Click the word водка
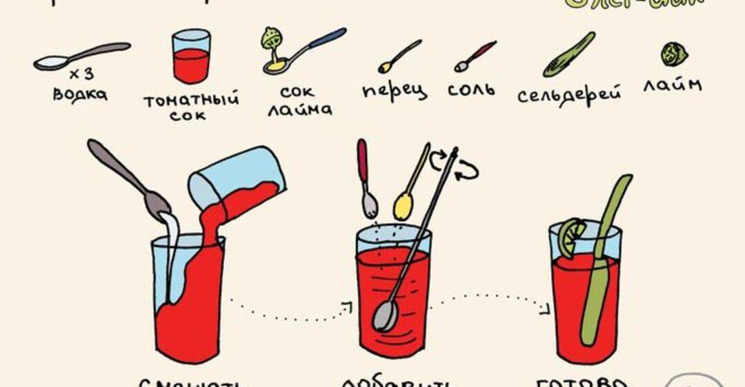(80, 93)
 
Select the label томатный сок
(191, 107)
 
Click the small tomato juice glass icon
(191, 56)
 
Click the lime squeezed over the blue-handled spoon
(271, 38)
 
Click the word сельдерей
(569, 94)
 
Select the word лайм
(672, 85)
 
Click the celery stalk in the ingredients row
(569, 55)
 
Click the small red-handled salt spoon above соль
(475, 56)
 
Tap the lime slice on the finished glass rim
(570, 238)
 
